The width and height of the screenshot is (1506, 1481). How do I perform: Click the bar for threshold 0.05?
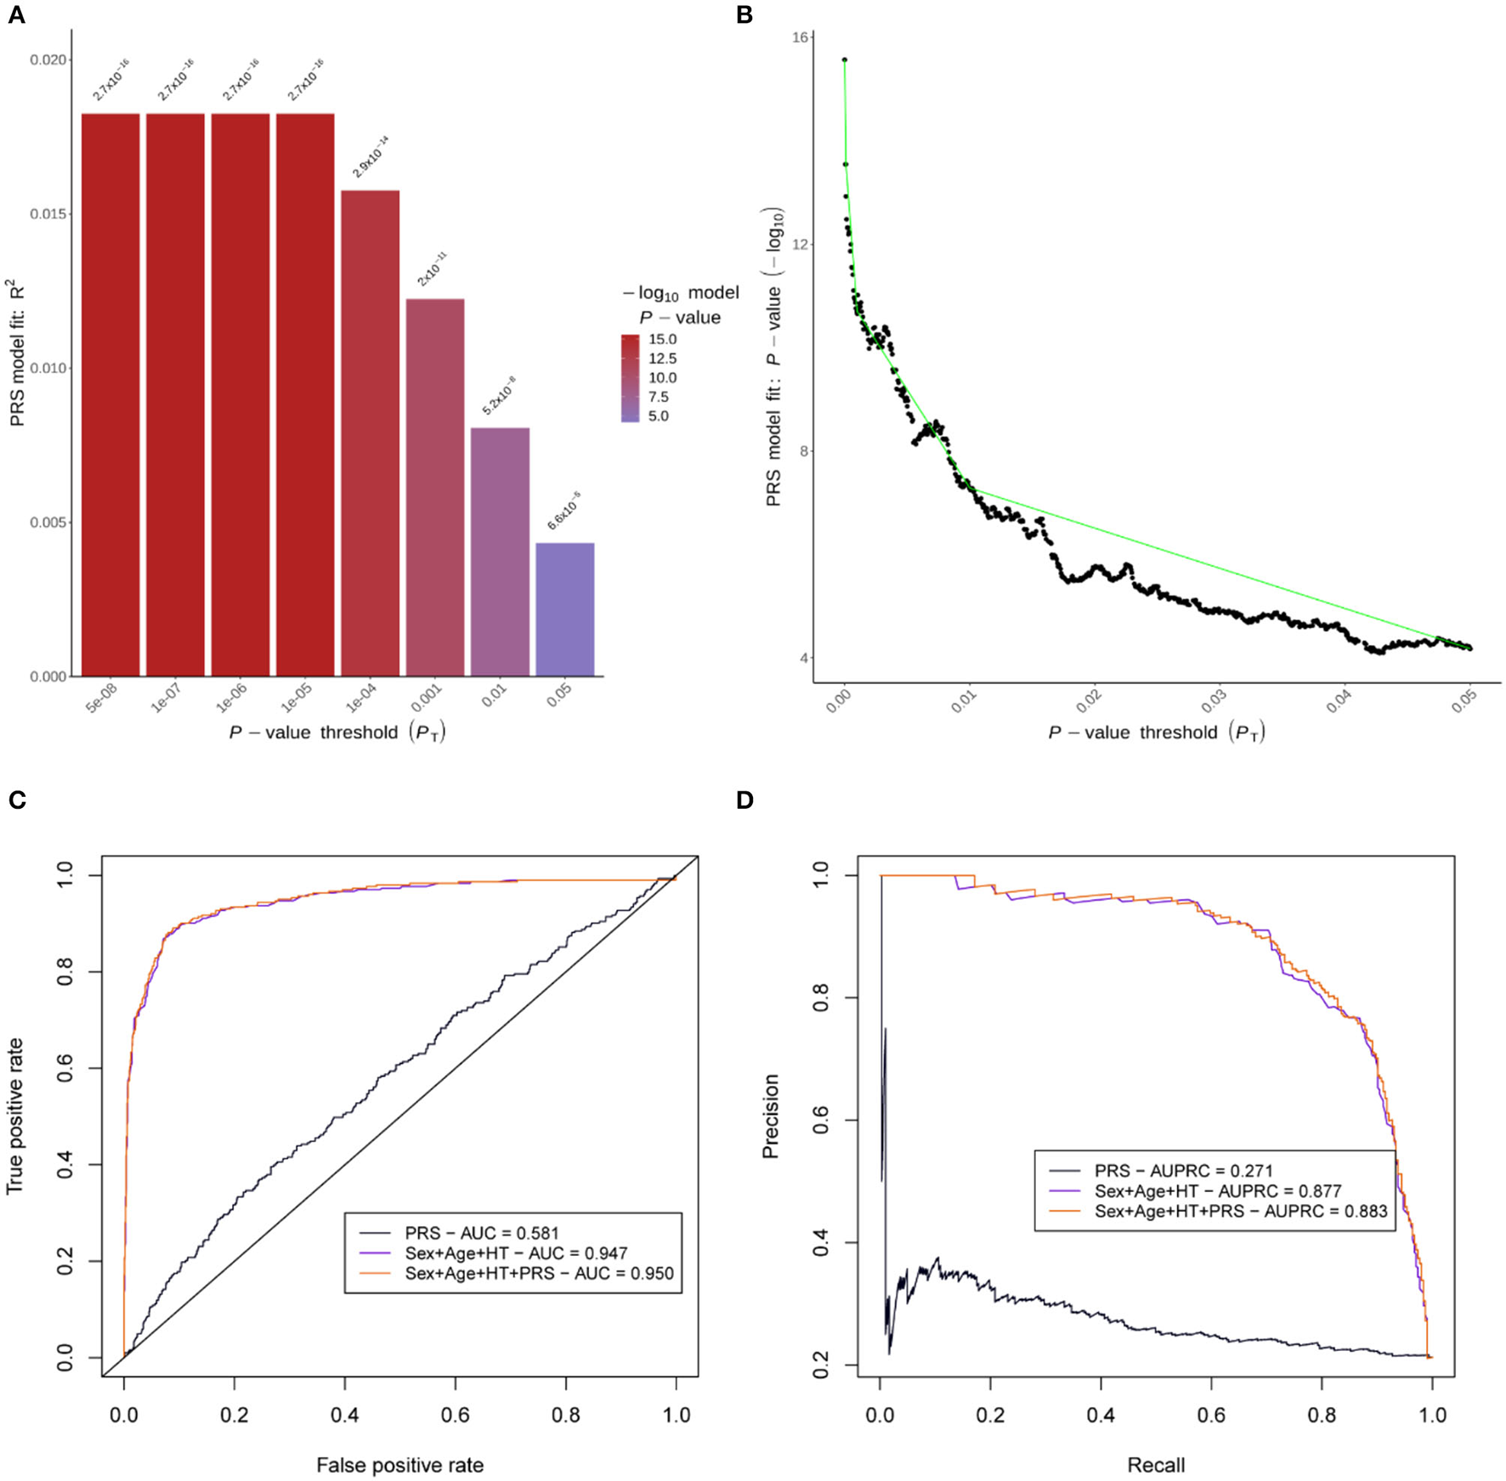click(x=564, y=609)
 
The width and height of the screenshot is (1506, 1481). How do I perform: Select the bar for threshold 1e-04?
click(x=370, y=433)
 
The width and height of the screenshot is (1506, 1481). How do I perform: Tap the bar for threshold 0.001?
click(x=435, y=488)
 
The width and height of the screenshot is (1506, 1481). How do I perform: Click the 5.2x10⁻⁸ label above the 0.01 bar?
click(x=500, y=396)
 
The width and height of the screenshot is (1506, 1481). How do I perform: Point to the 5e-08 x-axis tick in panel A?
click(x=101, y=699)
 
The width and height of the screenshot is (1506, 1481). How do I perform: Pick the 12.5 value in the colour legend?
click(x=663, y=359)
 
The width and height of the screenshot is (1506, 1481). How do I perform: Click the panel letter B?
click(x=745, y=15)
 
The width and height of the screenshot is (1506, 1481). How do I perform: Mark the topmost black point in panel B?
click(x=844, y=59)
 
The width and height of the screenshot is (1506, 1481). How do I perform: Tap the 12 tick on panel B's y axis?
click(x=798, y=245)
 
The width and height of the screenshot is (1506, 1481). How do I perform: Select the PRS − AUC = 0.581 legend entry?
click(x=481, y=1233)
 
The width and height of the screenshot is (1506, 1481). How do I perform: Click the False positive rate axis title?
click(x=399, y=1465)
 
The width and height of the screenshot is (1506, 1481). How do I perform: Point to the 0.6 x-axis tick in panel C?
click(x=456, y=1415)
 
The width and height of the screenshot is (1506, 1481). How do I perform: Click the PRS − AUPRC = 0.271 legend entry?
click(x=1183, y=1171)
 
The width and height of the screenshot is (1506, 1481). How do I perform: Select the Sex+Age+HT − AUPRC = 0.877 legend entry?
click(x=1217, y=1191)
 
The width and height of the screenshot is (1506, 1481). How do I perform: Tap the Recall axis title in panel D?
click(x=1156, y=1465)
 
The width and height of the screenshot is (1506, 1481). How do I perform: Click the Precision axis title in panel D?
click(x=771, y=1116)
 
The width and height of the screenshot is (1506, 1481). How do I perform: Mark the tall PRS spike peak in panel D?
click(x=886, y=1029)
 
